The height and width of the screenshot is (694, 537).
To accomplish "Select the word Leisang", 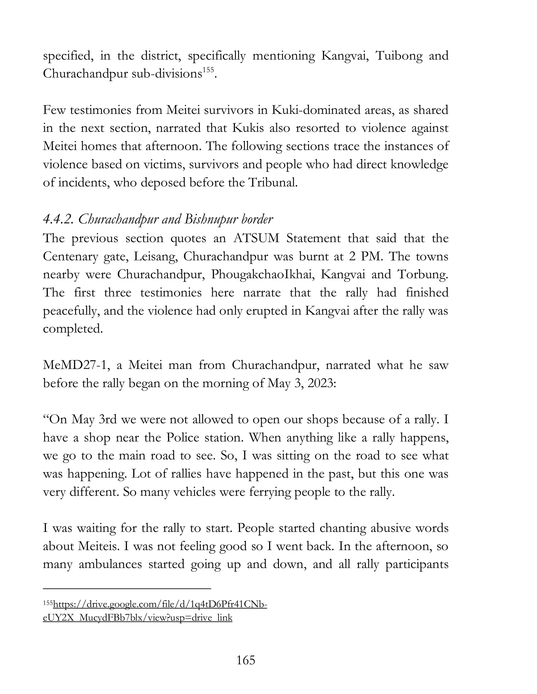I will coord(155,256).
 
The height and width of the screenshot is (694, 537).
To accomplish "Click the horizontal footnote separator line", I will coord(127,589).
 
